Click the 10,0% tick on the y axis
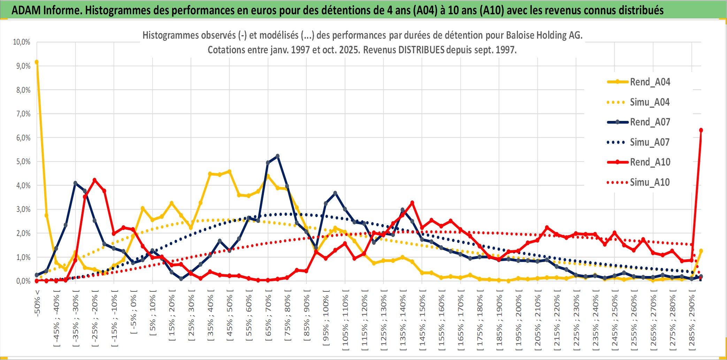22,42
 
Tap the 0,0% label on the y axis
23,281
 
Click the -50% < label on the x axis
37,303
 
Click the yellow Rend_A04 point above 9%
37,62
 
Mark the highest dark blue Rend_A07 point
277,156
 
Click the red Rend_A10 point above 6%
701,130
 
